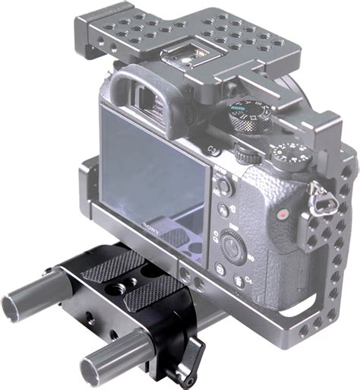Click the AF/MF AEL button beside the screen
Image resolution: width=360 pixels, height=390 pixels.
click(x=223, y=185)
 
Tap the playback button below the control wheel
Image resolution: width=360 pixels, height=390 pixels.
click(x=219, y=271)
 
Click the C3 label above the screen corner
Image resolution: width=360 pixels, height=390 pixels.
click(x=215, y=151)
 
